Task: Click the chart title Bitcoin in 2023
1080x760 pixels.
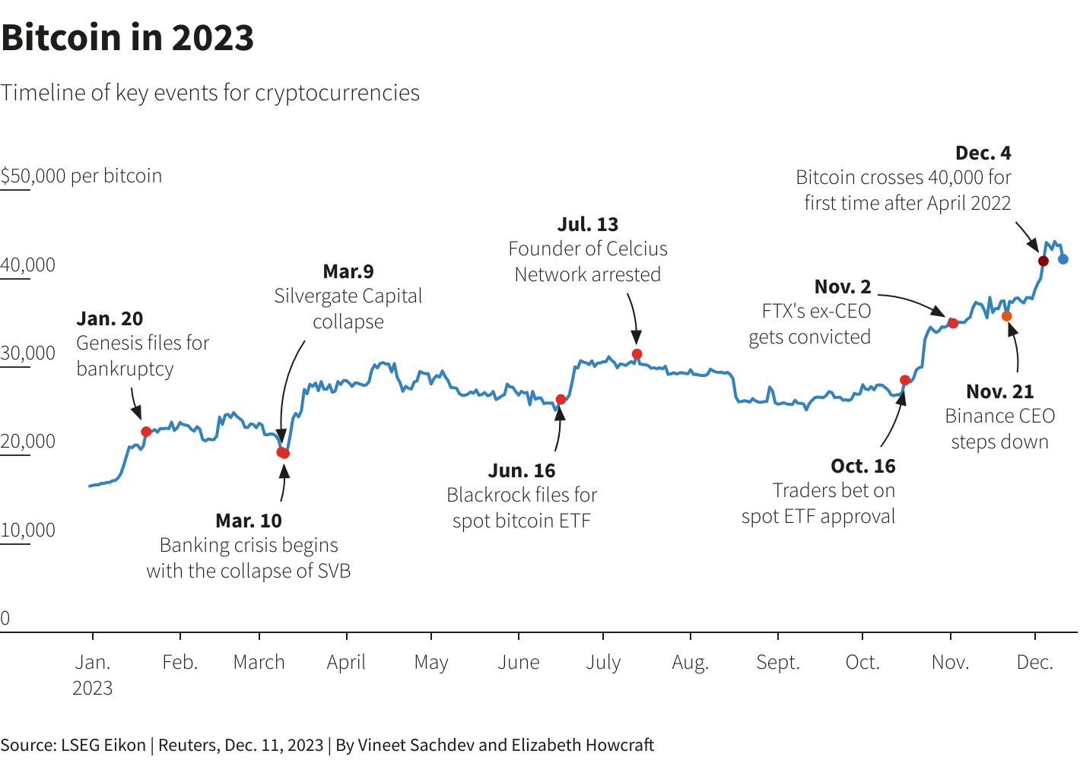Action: tap(128, 38)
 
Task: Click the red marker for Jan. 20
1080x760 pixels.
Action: tap(146, 432)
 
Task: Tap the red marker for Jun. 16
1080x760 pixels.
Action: tap(561, 400)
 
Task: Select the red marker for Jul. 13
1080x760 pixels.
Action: tap(637, 354)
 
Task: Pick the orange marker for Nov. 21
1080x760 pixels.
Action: tap(1006, 316)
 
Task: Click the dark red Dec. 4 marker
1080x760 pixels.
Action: tap(1043, 261)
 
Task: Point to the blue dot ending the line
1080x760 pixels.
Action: tap(1063, 259)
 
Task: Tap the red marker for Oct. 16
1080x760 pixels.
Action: tap(904, 380)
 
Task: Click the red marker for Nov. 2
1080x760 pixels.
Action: tap(953, 323)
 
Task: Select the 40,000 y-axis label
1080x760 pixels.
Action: tap(28, 264)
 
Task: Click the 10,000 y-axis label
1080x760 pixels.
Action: tap(28, 530)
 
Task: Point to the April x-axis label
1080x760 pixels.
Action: tap(346, 662)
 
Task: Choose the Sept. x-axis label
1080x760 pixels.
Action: tap(777, 662)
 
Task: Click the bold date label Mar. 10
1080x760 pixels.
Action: tap(249, 521)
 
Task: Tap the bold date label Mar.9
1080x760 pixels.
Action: tap(348, 271)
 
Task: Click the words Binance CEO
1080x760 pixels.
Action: tap(999, 416)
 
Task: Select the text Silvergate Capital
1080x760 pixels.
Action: tap(348, 296)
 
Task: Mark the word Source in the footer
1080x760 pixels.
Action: tap(26, 745)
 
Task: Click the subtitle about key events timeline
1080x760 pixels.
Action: tap(210, 93)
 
